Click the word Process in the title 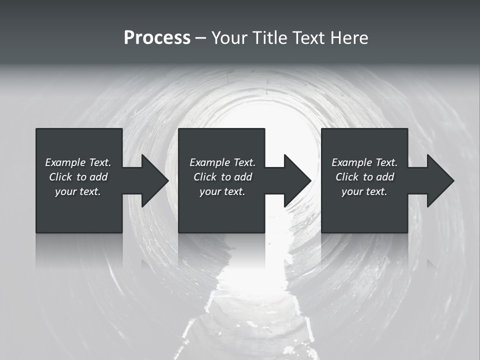(157, 38)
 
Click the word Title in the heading (270, 38)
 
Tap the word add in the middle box (243, 177)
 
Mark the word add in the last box (385, 177)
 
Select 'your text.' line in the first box (78, 191)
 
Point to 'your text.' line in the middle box (222, 191)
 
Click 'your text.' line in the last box (364, 191)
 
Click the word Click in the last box (347, 177)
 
